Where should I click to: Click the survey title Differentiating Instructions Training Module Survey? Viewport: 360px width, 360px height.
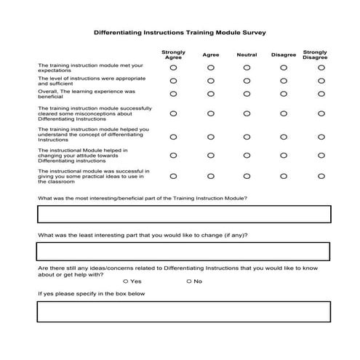[180, 33]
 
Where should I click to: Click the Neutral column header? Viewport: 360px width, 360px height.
[247, 55]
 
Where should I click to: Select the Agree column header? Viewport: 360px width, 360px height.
[211, 55]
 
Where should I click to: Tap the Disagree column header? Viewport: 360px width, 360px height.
[284, 55]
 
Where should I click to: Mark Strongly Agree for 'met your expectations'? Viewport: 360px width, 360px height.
[173, 67]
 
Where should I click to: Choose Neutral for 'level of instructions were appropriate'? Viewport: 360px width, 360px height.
[247, 80]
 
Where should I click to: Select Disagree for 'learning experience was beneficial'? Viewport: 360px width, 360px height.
[284, 94]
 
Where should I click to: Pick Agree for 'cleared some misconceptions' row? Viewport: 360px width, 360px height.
[211, 113]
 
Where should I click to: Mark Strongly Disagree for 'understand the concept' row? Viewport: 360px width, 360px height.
[321, 135]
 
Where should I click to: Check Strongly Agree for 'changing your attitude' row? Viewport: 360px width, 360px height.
[173, 155]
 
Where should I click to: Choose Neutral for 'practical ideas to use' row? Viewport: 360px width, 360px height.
[247, 175]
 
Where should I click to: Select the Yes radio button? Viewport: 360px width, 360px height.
[126, 281]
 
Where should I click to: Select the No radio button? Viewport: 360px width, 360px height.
[189, 281]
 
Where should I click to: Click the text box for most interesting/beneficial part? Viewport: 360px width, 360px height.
[183, 214]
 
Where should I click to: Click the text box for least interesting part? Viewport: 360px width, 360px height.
[183, 251]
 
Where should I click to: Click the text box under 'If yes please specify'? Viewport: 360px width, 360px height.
[183, 311]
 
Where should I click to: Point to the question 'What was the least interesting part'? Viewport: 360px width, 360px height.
[143, 235]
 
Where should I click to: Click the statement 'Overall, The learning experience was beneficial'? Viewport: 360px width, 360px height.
[87, 94]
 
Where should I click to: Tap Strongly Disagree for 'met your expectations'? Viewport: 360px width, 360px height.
[321, 67]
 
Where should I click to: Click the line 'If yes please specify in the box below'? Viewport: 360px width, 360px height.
[92, 294]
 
